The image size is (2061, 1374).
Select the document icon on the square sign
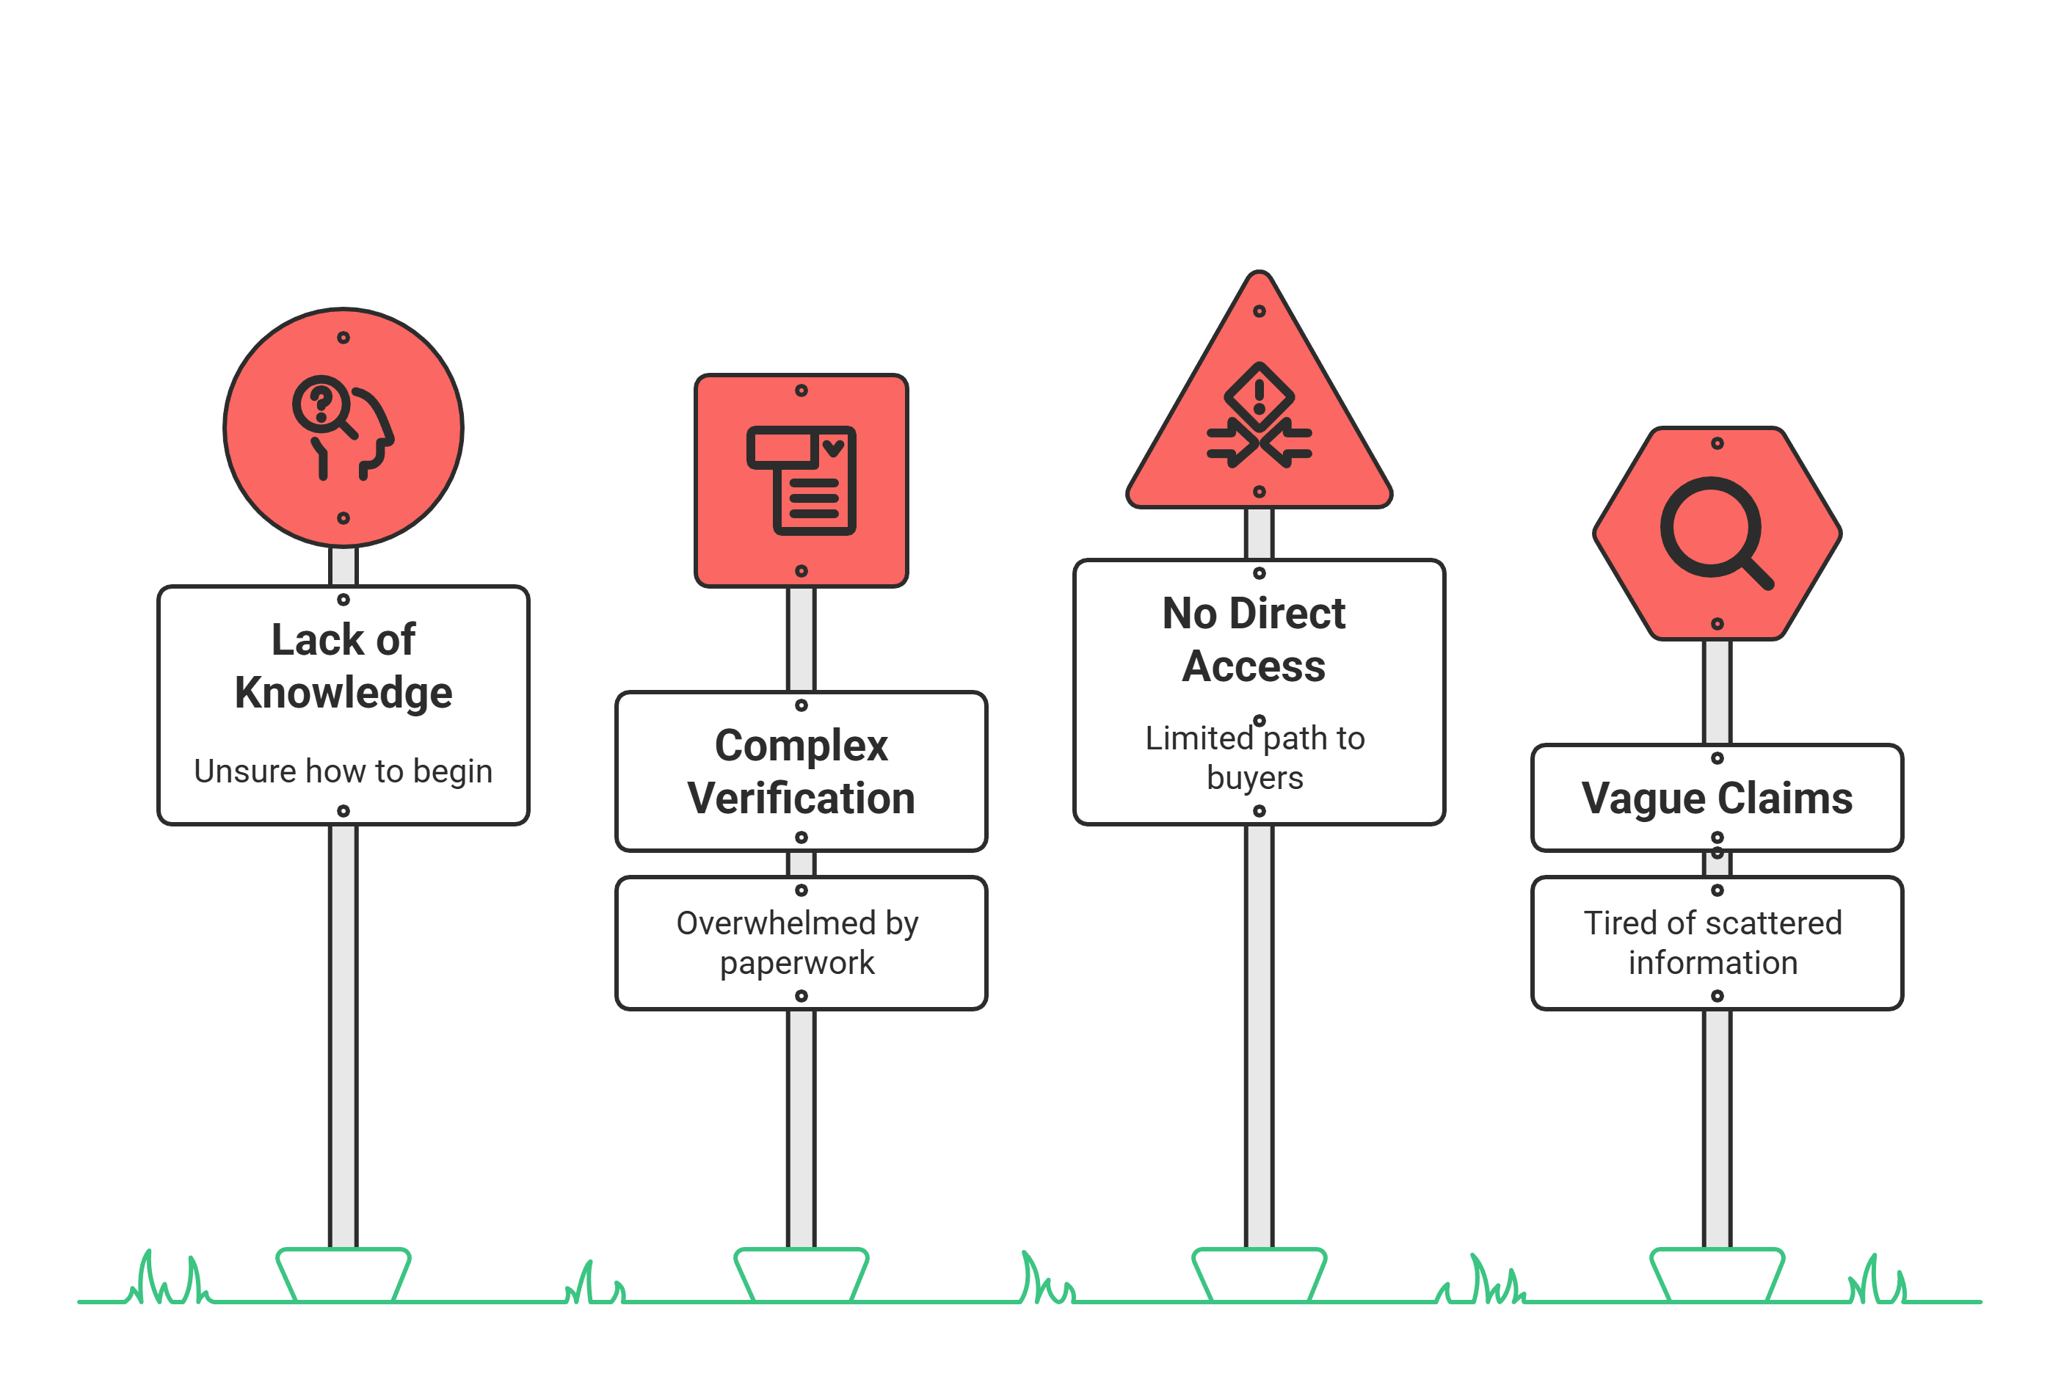pyautogui.click(x=801, y=480)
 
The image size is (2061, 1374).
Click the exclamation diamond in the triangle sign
pyautogui.click(x=1259, y=396)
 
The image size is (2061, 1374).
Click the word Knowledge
pyautogui.click(x=343, y=693)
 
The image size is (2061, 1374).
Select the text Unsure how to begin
pyautogui.click(x=343, y=771)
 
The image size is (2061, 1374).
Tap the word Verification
pyautogui.click(x=801, y=799)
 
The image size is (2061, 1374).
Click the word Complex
pyautogui.click(x=801, y=746)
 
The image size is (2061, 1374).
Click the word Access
pyautogui.click(x=1253, y=667)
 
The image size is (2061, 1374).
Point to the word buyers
pyautogui.click(x=1255, y=778)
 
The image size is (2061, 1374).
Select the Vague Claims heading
pyautogui.click(x=1717, y=799)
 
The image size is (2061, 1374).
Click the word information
pyautogui.click(x=1713, y=963)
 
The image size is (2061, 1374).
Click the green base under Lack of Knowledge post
pyautogui.click(x=343, y=1274)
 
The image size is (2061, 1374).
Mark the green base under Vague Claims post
pyautogui.click(x=1717, y=1274)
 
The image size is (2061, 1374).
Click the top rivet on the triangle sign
pyautogui.click(x=1259, y=311)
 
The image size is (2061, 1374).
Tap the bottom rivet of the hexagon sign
pyautogui.click(x=1717, y=624)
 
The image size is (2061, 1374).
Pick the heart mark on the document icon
pyautogui.click(x=833, y=448)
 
